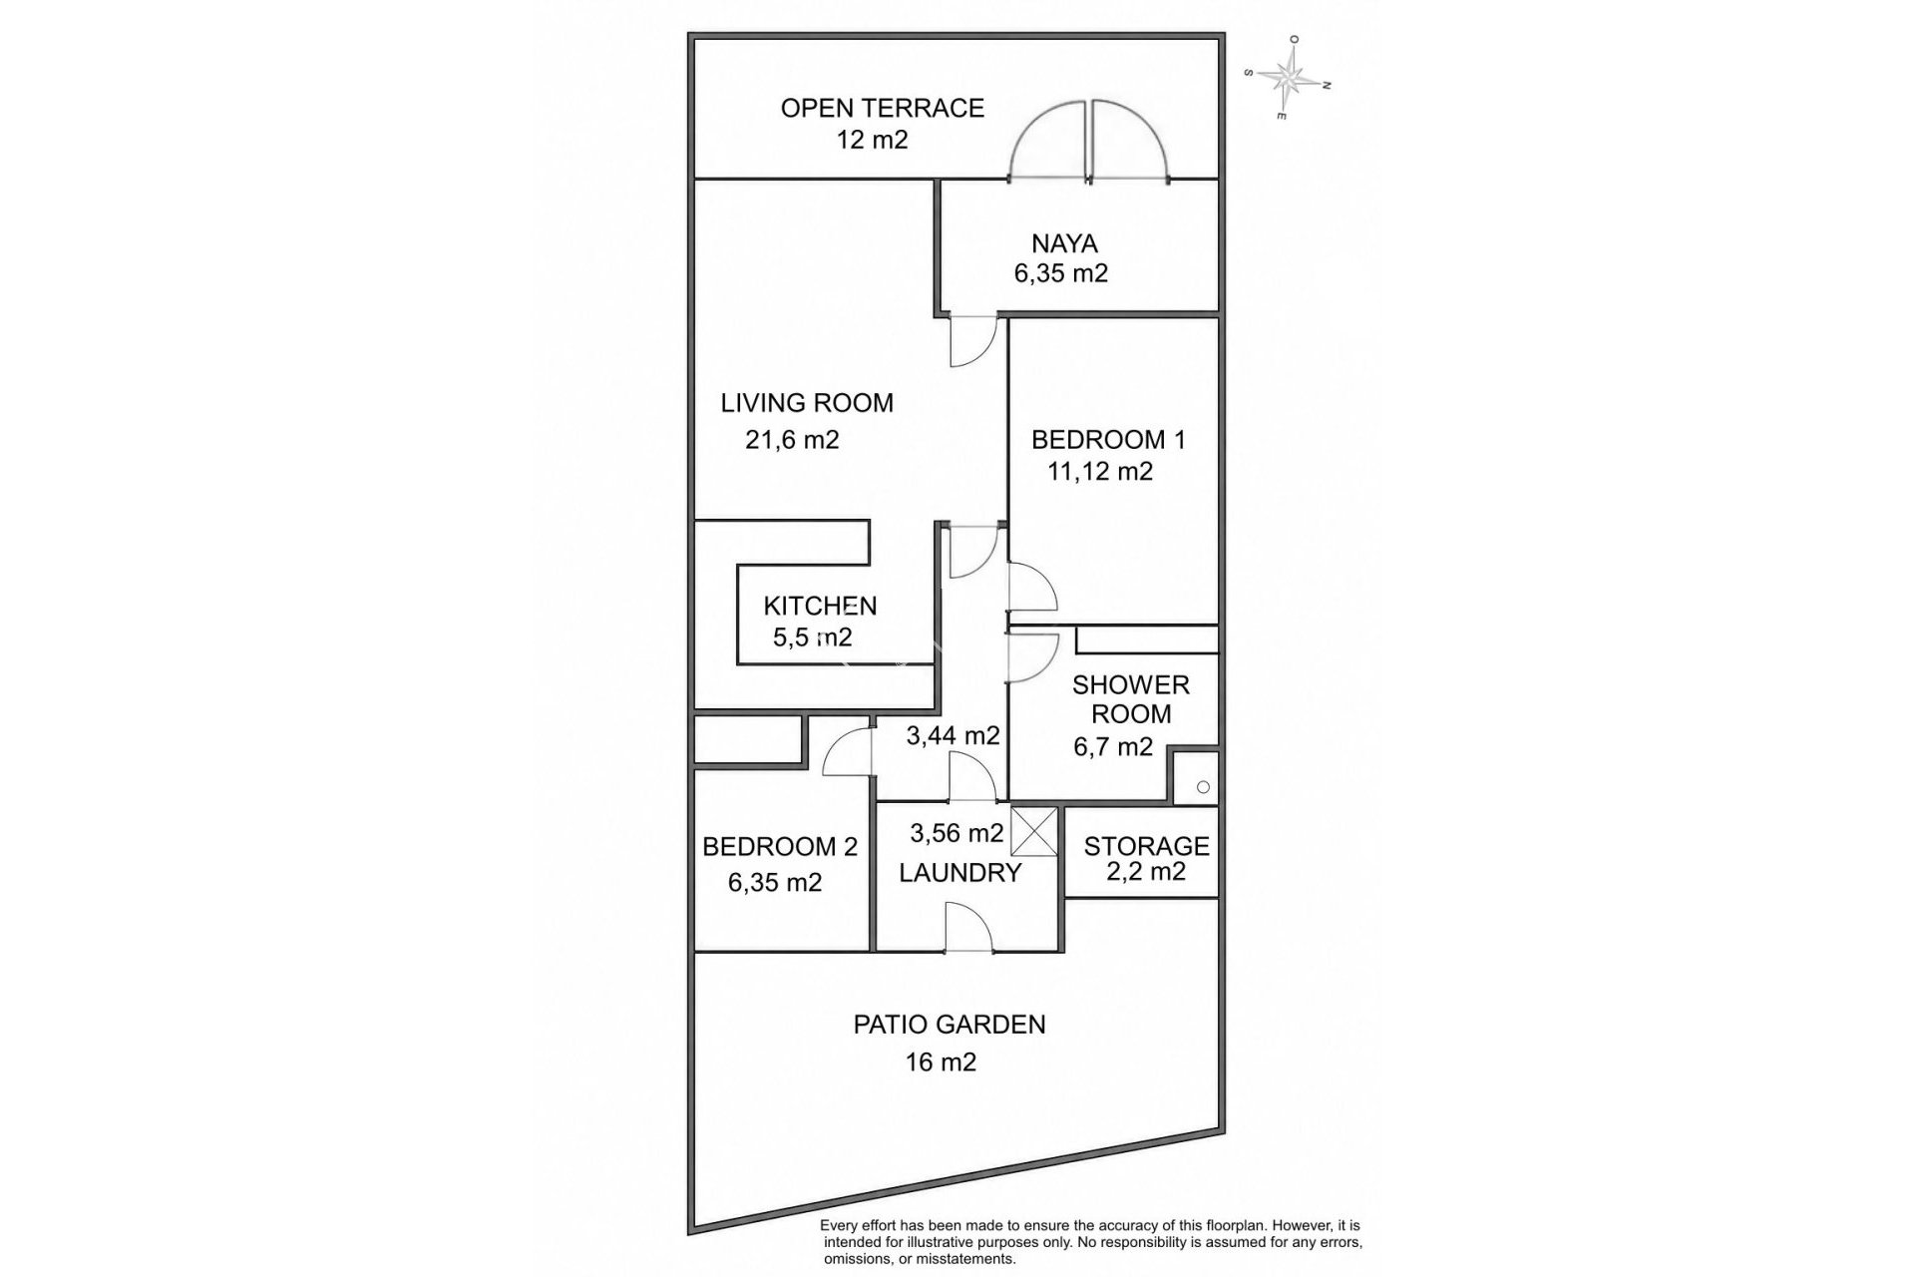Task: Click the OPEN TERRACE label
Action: pos(882,108)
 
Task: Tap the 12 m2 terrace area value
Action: pos(873,140)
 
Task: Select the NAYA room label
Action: pos(1064,243)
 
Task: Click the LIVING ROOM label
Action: pos(807,403)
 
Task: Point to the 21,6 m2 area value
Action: pos(792,440)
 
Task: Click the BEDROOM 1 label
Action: pos(1108,440)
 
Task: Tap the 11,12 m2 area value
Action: pos(1100,471)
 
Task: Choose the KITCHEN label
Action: pos(820,606)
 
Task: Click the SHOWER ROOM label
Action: pos(1131,699)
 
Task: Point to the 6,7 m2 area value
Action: pos(1113,746)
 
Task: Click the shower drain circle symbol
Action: pos(1203,787)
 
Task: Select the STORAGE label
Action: pos(1146,846)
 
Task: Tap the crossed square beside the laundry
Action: pos(1034,831)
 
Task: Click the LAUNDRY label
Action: pos(960,873)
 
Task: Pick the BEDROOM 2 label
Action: pos(780,847)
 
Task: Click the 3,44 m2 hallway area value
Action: pos(953,736)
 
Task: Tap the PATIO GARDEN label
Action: pos(950,1025)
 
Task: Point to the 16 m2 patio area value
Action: pos(941,1063)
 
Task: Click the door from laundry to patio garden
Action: pos(968,927)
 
